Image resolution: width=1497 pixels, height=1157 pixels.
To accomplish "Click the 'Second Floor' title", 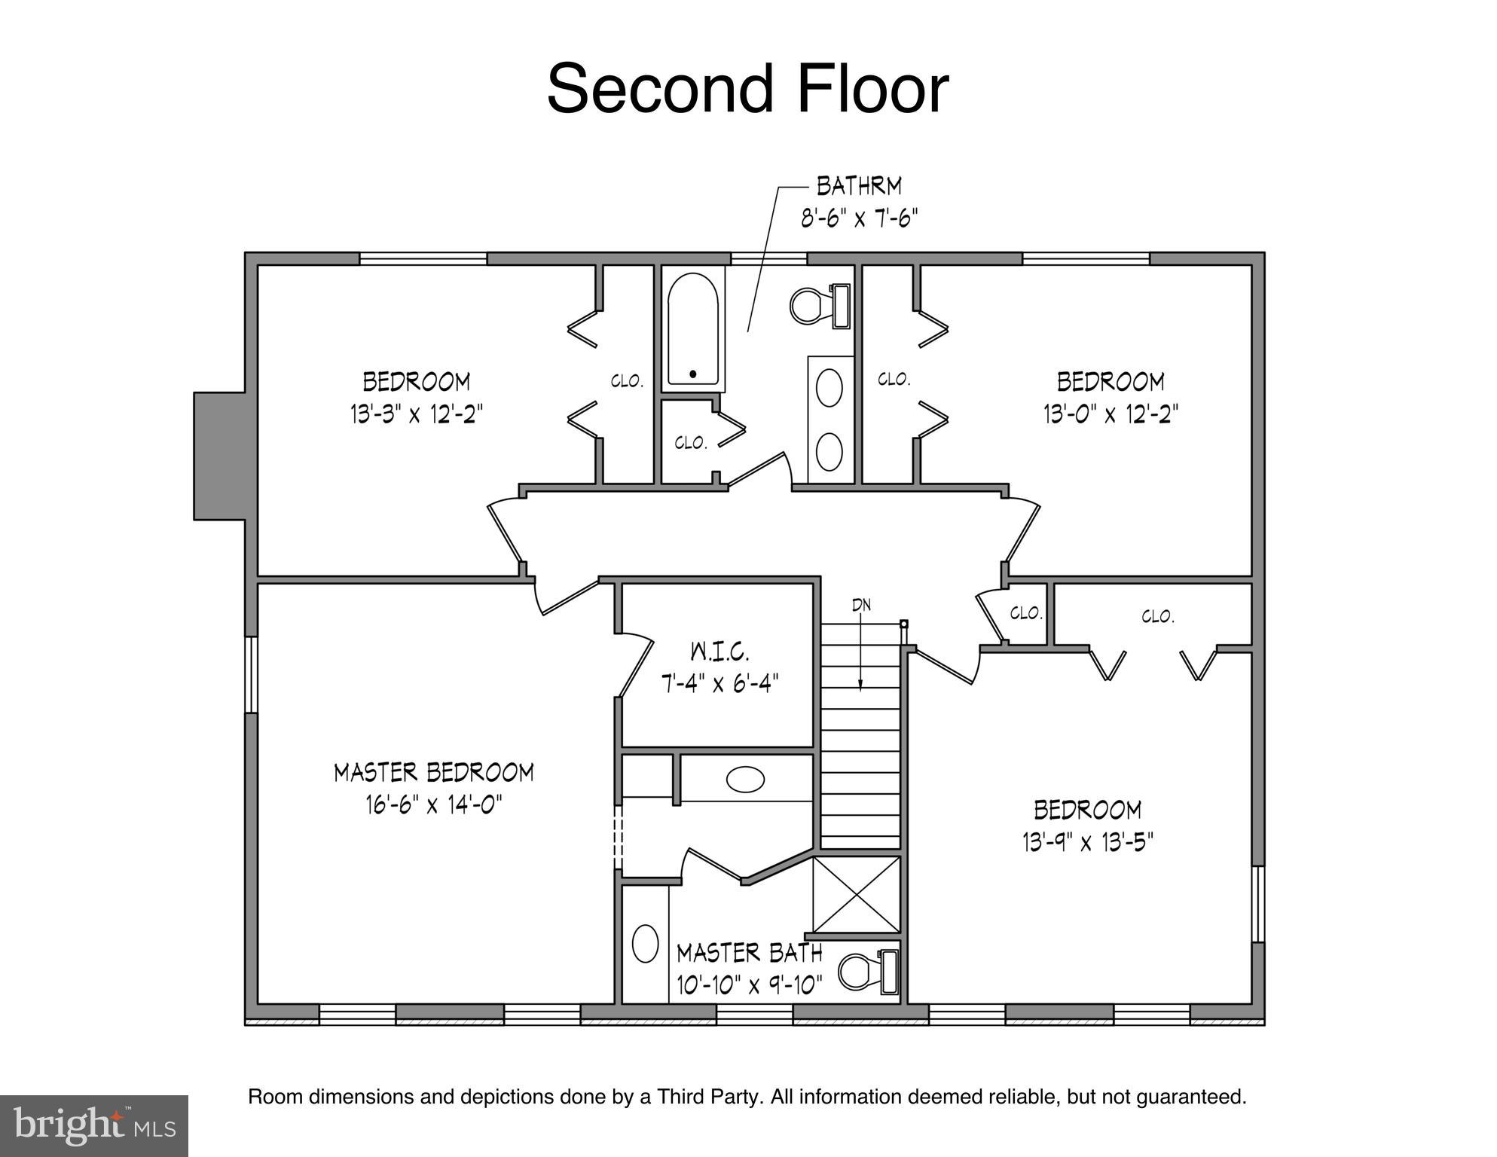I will pos(747,89).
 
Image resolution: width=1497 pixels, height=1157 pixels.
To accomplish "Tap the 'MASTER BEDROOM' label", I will pos(434,773).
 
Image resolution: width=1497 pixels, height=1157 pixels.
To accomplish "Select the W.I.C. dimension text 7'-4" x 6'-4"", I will pos(719,684).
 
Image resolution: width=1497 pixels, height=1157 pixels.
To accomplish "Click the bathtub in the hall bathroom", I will pos(693,329).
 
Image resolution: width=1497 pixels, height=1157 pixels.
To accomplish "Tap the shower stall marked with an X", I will pos(857,895).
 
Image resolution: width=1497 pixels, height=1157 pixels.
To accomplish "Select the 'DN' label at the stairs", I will pos(861,605).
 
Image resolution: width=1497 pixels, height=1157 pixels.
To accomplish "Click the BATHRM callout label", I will pos(859,185).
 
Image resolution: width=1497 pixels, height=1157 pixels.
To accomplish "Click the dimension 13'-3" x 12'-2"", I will pos(416,414).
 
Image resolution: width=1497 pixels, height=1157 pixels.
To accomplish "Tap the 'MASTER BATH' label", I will pos(749,954).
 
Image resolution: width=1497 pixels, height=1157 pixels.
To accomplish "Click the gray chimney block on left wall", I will pos(219,456).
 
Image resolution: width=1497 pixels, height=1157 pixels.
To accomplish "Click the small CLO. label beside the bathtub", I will pos(690,443).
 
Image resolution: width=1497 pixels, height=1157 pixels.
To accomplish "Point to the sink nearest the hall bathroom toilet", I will pos(829,388).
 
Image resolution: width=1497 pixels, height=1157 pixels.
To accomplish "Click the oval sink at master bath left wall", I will pos(645,944).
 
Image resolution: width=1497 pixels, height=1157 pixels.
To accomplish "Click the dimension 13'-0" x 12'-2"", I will pos(1110,414).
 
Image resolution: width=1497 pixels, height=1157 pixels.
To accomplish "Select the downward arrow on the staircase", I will pos(860,655).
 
